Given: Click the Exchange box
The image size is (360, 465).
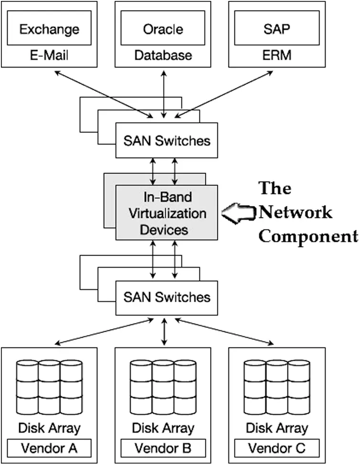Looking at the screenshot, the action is coord(49,28).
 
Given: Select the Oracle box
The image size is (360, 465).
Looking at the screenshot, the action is coord(163,28).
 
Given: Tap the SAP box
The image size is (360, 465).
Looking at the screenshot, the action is coord(277,28).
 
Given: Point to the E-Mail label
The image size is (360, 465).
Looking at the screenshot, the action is coord(49,55).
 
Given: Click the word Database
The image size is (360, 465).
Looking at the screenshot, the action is coord(163,55).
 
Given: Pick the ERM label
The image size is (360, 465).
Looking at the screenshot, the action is coord(277,55).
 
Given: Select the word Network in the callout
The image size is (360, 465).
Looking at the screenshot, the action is coord(296,212).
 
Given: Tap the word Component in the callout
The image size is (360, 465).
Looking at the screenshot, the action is coord(308,237).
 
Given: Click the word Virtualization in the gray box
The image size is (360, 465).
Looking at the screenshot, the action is coord(168,214).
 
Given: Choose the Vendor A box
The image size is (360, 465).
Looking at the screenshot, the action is coord(49,448).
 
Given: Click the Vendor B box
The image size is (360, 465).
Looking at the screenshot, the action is coord(163,448).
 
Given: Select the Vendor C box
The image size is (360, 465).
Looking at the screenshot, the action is coord(277,448).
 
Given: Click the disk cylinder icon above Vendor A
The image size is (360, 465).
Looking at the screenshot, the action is coord(49,387).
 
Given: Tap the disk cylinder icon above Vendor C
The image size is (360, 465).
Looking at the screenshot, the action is coord(277,387).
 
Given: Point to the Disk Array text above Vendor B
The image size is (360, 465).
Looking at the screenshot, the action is coord(163,428).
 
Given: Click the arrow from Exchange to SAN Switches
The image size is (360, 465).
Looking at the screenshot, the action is coord(104,94).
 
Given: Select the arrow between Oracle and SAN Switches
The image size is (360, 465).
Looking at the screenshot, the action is coord(164,94).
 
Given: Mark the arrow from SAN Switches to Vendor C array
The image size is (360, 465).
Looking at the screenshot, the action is coord(224,332).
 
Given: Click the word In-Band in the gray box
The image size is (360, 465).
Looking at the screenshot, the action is coord(168,197).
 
